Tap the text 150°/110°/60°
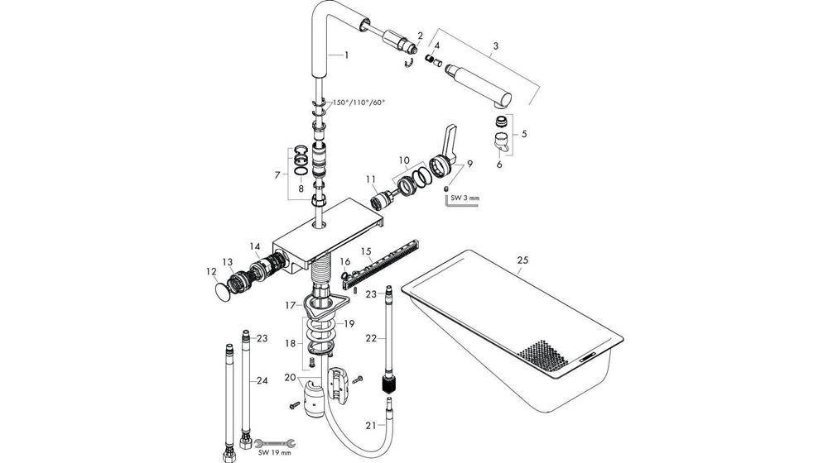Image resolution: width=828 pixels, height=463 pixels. point(359,103)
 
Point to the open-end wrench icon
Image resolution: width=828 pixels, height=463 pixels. point(267,444)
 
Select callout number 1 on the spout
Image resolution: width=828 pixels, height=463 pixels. point(347,55)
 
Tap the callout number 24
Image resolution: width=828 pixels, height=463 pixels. point(262,380)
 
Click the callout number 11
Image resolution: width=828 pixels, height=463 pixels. point(370,178)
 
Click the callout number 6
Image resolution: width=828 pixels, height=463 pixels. point(499,165)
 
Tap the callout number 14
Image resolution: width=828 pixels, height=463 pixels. point(255,246)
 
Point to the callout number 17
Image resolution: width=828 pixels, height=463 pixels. point(291,305)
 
